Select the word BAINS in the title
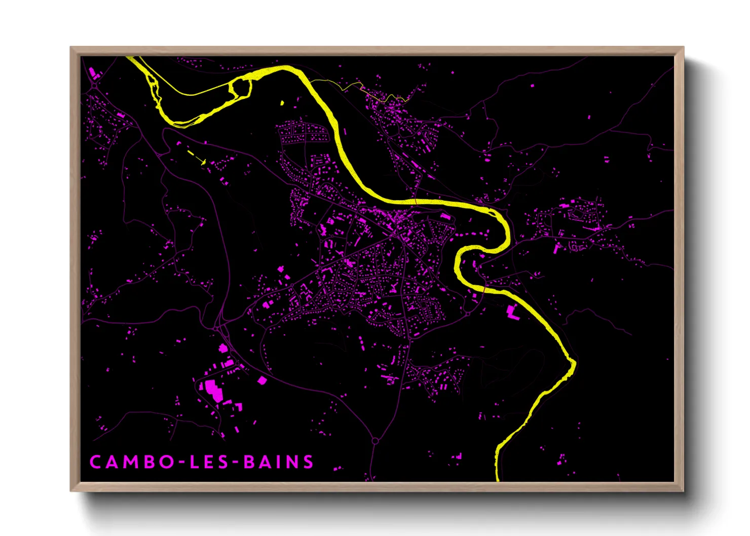[279, 462]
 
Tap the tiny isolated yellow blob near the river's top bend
[282, 103]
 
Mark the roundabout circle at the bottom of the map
[375, 441]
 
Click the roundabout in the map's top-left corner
[95, 86]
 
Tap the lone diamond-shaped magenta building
[262, 380]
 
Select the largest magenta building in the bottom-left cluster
[213, 390]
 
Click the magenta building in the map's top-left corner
[93, 72]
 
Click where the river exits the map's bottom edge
[497, 479]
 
